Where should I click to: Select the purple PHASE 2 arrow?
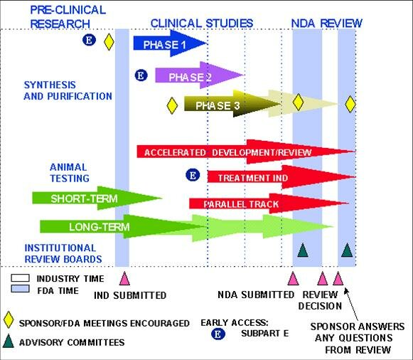click(199, 75)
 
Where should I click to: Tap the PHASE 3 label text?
click(218, 106)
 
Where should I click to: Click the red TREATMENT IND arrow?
click(281, 177)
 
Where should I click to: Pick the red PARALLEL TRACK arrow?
click(269, 203)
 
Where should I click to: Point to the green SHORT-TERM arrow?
click(97, 198)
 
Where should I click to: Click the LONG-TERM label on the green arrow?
click(100, 227)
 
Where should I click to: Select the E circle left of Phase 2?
click(141, 75)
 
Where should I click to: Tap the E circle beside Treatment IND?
click(193, 175)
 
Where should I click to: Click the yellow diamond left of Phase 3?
click(172, 106)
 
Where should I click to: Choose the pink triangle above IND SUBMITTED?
click(124, 279)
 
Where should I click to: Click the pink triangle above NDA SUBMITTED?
click(293, 279)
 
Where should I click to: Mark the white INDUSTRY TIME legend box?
click(20, 278)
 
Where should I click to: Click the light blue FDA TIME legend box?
click(20, 289)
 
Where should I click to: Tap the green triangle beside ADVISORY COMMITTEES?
click(8, 341)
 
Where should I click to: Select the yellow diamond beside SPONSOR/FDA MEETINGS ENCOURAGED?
click(8, 319)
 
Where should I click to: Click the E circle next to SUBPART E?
click(218, 334)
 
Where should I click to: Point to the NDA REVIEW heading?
click(326, 23)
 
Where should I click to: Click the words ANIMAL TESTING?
click(70, 173)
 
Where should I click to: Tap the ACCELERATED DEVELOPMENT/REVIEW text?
click(228, 152)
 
